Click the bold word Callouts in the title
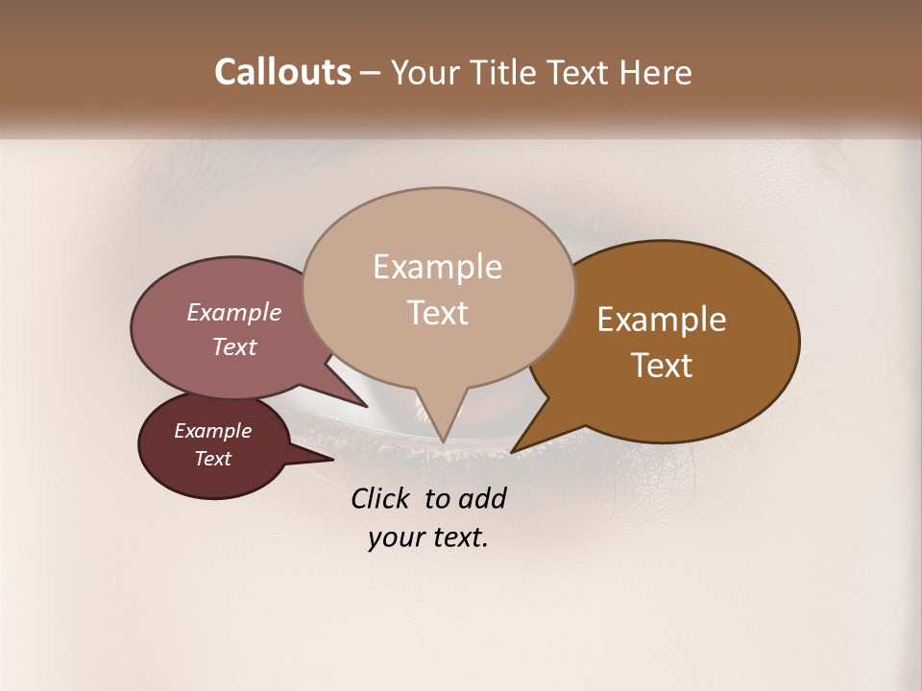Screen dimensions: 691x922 282,72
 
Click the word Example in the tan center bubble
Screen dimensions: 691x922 437,267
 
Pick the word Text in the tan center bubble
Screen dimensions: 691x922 438,313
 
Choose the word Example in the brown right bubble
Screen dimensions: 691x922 662,320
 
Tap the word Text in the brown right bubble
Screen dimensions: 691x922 663,366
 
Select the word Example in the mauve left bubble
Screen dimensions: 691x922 234,312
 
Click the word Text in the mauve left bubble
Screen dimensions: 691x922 234,346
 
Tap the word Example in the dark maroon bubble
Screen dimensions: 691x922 213,431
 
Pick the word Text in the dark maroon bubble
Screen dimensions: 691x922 213,459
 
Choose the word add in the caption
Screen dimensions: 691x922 482,498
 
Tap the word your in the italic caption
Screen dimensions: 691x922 395,538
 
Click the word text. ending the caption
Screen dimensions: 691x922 457,538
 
